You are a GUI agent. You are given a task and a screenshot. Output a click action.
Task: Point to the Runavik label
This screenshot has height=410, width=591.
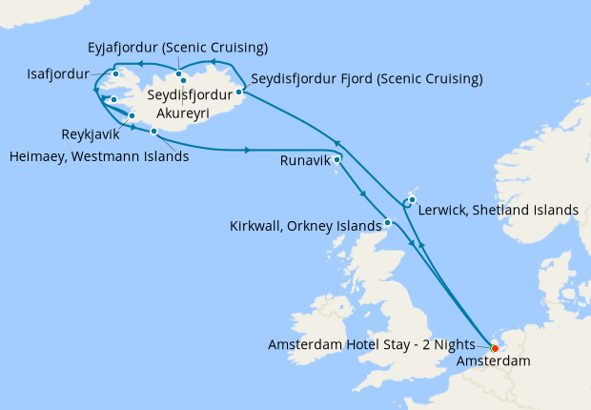306,161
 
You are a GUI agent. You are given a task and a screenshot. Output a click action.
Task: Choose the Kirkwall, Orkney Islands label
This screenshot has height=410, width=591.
304,227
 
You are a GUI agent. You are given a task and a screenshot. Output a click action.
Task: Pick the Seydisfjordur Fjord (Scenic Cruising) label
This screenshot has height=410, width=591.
366,78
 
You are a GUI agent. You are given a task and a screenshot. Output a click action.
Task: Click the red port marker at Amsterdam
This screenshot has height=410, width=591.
493,348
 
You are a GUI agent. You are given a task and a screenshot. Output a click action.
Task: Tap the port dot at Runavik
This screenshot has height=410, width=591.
337,160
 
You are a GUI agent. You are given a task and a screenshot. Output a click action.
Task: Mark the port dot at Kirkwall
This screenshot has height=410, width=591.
388,223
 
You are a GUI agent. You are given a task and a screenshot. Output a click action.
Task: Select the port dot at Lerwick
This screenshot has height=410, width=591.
412,200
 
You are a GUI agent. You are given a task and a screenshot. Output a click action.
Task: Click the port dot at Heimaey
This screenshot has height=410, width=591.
153,132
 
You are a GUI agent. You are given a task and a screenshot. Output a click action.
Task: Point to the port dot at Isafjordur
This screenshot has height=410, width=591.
115,73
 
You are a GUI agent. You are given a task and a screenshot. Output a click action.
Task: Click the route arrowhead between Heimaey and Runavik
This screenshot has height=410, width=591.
248,150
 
